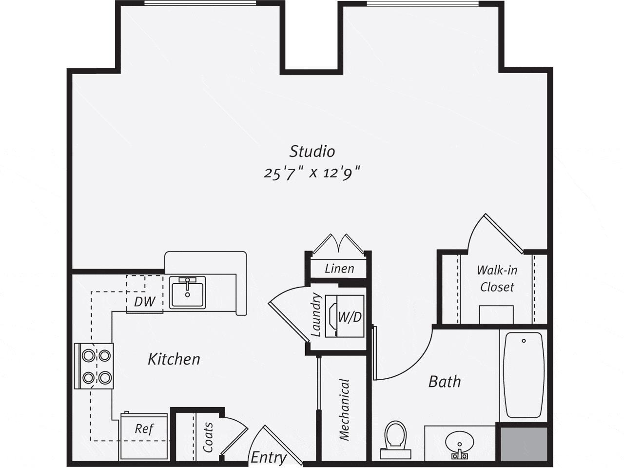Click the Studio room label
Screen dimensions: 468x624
point(312,151)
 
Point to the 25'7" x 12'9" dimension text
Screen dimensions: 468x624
point(312,173)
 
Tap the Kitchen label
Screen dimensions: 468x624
point(174,359)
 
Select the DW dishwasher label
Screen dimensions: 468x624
point(144,302)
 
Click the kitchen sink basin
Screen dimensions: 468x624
point(188,292)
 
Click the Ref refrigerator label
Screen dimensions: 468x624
point(144,429)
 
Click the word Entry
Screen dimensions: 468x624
point(268,457)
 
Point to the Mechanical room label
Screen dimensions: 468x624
point(345,409)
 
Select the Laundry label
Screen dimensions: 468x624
point(316,314)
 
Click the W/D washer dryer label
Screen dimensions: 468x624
point(350,317)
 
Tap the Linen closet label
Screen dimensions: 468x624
point(339,268)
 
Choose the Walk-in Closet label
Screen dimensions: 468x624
point(497,278)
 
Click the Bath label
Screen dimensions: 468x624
point(445,381)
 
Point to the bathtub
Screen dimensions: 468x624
point(523,374)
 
